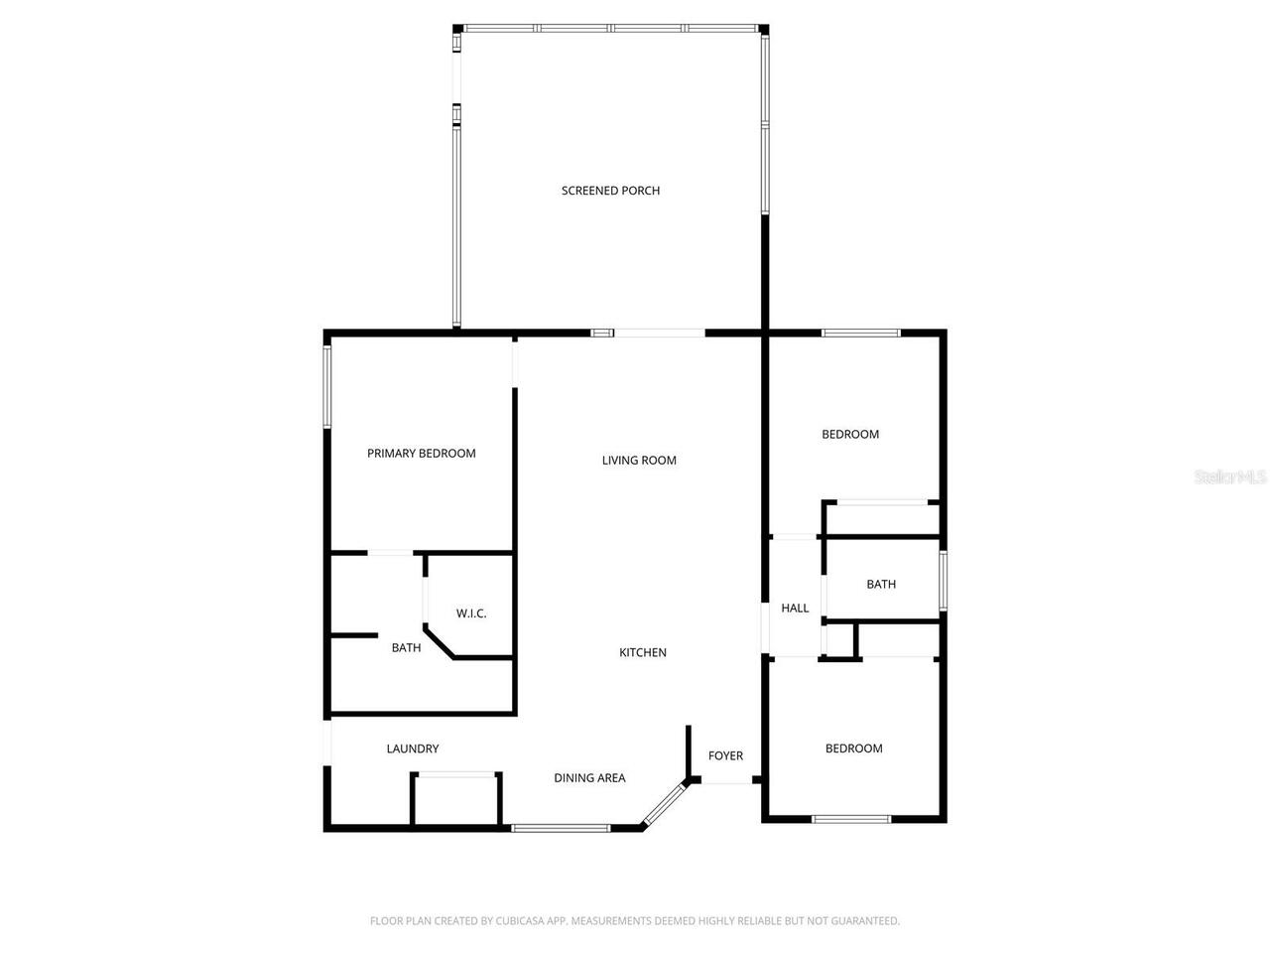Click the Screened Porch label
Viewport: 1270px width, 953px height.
point(610,191)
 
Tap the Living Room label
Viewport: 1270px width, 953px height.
point(639,461)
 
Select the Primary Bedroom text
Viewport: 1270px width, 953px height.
point(421,454)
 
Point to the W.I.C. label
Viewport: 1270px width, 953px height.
point(471,613)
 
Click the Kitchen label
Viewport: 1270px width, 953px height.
point(643,653)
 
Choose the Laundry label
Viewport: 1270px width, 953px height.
point(412,749)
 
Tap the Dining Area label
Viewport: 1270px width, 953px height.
point(589,778)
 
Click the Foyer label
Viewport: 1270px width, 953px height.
point(725,756)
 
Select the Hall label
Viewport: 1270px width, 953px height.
point(795,609)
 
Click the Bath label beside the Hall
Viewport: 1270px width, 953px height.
point(881,585)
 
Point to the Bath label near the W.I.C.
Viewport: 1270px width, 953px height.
point(406,648)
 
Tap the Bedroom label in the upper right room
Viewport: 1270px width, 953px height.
point(850,435)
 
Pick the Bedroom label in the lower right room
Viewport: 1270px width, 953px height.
point(853,749)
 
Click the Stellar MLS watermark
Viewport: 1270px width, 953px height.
point(1229,477)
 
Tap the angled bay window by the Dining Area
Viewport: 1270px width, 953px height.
point(664,804)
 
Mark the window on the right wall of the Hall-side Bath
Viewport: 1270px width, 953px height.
point(944,581)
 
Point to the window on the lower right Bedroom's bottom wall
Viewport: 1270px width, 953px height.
point(851,819)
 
